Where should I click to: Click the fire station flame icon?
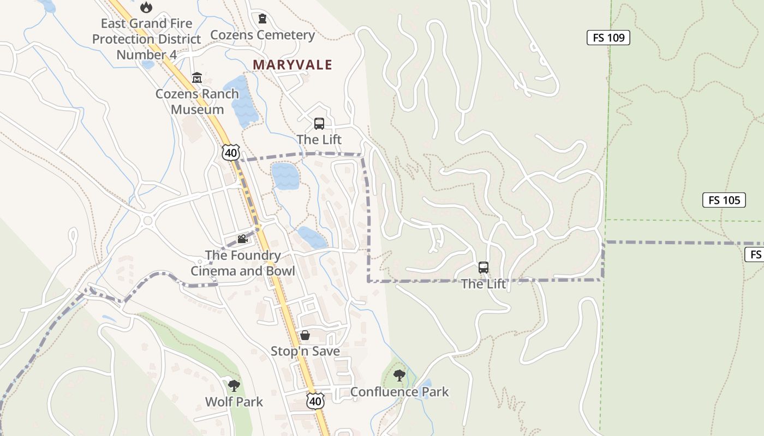[x=146, y=7]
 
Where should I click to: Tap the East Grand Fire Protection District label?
[x=146, y=39]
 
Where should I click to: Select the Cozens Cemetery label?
[x=262, y=35]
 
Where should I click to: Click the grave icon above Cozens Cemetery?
[x=262, y=19]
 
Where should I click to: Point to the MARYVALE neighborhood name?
[x=292, y=65]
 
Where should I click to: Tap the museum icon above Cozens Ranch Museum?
[x=196, y=78]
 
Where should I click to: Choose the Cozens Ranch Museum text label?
[x=197, y=101]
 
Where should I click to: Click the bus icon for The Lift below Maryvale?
[x=319, y=124]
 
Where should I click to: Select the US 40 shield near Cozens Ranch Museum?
[x=231, y=153]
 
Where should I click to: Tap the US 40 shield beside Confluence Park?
[x=315, y=401]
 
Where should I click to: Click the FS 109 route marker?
[x=608, y=38]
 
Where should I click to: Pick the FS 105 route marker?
[x=724, y=200]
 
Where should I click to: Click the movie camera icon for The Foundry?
[x=242, y=239]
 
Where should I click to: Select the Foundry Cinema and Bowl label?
[x=242, y=263]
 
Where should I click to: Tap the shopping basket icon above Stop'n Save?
[x=305, y=335]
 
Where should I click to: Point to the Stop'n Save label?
[x=305, y=351]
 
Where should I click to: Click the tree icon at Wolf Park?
[x=234, y=386]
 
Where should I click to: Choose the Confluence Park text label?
[x=399, y=391]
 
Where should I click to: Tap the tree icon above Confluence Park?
[x=399, y=375]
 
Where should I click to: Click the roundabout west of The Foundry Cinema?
[x=147, y=221]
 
